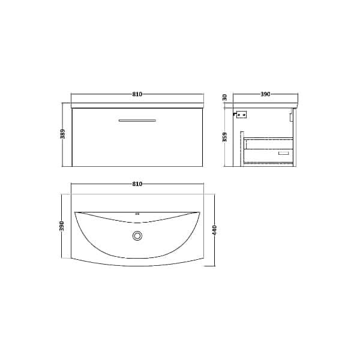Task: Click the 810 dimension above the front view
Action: [x=138, y=94]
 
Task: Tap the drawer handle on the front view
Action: [x=137, y=121]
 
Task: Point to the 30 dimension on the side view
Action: [x=224, y=97]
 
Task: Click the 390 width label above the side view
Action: [x=265, y=94]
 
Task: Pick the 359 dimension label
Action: [x=224, y=137]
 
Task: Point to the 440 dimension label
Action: [x=214, y=230]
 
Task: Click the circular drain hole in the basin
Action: [x=138, y=236]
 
